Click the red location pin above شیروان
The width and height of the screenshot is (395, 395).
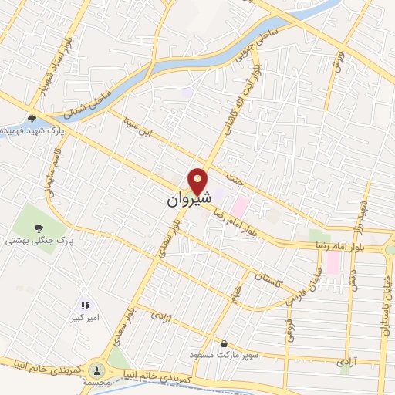(199, 181)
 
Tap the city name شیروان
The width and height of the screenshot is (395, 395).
(188, 200)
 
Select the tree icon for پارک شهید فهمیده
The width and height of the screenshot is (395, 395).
(31, 118)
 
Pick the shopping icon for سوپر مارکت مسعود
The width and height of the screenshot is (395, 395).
(224, 343)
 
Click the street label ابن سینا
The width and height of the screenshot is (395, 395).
(140, 127)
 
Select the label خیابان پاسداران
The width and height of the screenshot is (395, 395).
(385, 302)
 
